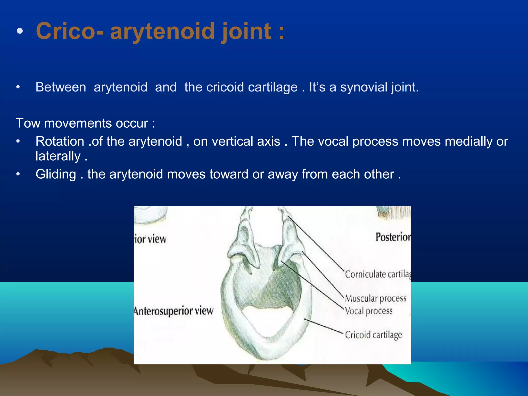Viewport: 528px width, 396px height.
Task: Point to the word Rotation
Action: [60, 142]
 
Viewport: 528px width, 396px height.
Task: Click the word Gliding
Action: [56, 174]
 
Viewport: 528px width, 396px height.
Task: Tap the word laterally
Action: [58, 156]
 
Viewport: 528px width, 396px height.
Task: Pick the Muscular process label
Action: [375, 298]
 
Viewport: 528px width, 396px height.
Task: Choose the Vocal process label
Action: [369, 311]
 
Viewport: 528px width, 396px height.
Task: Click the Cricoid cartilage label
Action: [373, 335]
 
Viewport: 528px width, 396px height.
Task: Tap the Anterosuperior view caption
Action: [174, 311]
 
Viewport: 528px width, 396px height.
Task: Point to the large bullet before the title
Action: [20, 31]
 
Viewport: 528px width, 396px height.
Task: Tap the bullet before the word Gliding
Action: [18, 175]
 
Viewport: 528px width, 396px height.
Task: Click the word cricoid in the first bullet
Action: [225, 87]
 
